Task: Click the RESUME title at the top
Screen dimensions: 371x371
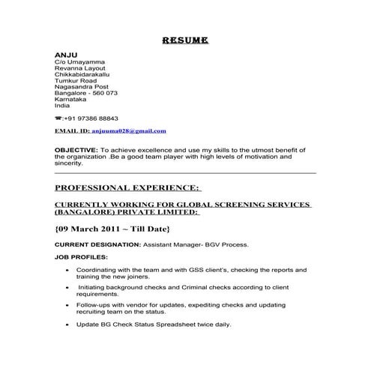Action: [185, 40]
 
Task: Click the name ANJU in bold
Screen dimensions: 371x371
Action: [66, 56]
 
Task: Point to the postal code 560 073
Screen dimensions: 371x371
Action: [103, 93]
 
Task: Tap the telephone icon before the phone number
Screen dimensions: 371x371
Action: [58, 118]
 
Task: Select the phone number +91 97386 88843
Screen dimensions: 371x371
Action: [91, 118]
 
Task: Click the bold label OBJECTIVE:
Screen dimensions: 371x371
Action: [76, 149]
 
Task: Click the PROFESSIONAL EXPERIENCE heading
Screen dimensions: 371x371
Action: [128, 187]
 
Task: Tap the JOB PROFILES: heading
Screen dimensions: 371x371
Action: [81, 256]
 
